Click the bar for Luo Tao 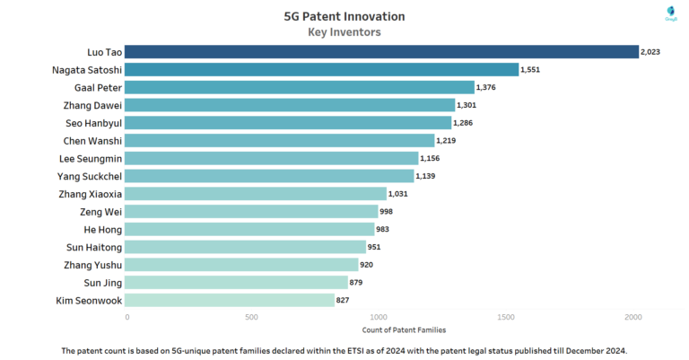pyautogui.click(x=382, y=52)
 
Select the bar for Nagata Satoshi pyautogui.click(x=323, y=69)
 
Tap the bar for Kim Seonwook pyautogui.click(x=231, y=301)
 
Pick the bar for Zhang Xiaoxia pyautogui.click(x=257, y=194)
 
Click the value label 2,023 pyautogui.click(x=650, y=52)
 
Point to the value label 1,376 pyautogui.click(x=487, y=87)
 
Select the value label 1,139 pyautogui.click(x=427, y=176)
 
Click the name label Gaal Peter pyautogui.click(x=98, y=87)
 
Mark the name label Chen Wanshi pyautogui.click(x=92, y=141)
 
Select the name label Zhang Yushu pyautogui.click(x=93, y=265)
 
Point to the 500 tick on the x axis pyautogui.click(x=253, y=317)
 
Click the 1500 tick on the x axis pyautogui.click(x=506, y=317)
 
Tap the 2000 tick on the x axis pyautogui.click(x=632, y=317)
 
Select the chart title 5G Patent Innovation pyautogui.click(x=344, y=16)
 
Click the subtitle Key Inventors pyautogui.click(x=344, y=31)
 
